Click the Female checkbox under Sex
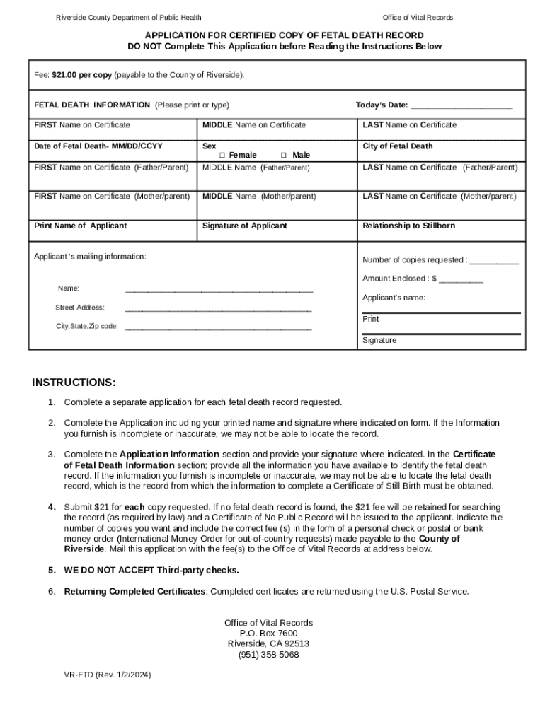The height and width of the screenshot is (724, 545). (x=222, y=156)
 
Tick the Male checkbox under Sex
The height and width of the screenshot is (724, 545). (x=283, y=156)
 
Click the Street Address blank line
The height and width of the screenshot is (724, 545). (x=218, y=308)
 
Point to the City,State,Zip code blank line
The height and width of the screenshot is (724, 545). (x=218, y=327)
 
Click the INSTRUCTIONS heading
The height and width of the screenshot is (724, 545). (x=74, y=383)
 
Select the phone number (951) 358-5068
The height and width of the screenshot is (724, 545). (x=268, y=655)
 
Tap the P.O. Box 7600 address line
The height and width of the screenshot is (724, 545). (x=268, y=633)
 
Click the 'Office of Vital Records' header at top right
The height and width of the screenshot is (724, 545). (x=418, y=18)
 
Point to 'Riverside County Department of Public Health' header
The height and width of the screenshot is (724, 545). (x=129, y=18)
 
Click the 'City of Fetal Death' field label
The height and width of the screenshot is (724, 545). (x=397, y=146)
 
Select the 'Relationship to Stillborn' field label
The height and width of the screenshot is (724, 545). (x=408, y=226)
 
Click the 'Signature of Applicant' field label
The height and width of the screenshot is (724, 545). (x=245, y=226)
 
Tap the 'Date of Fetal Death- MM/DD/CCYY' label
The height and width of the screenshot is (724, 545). (x=98, y=146)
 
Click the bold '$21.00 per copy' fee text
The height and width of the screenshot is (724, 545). (x=81, y=74)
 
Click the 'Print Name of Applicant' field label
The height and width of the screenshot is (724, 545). (x=81, y=226)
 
